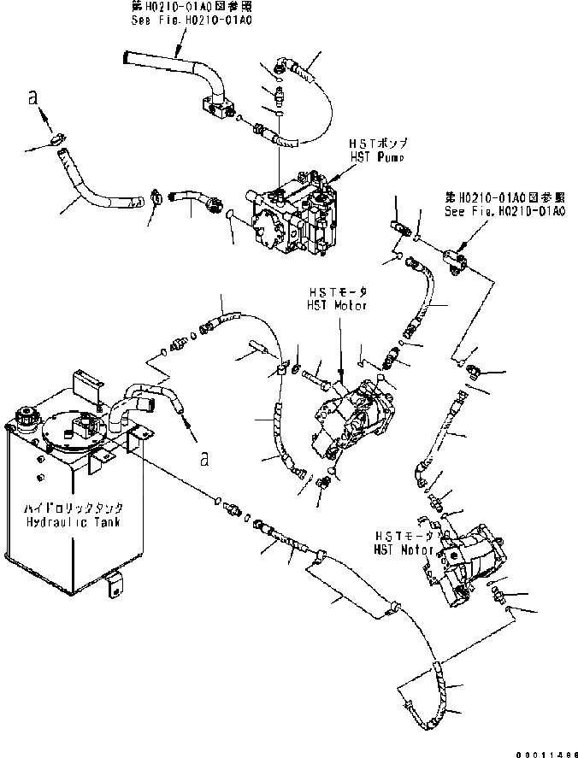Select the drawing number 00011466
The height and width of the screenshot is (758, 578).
click(545, 750)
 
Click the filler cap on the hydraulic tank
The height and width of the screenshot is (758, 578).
click(23, 418)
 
